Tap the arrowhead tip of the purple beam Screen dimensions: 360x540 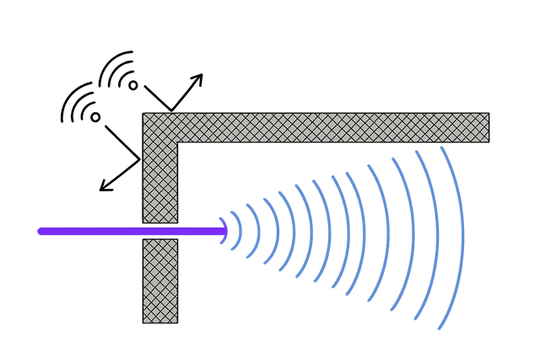227,230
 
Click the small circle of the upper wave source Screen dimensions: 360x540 132,84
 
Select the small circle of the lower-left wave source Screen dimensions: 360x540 95,116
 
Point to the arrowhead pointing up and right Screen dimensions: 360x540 198,78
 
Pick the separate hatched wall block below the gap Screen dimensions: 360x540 160,280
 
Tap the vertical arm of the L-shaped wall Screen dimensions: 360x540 160,177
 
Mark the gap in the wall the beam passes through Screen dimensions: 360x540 160,230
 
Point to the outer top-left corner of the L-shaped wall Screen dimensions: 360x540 143,112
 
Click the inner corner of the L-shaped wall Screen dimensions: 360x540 178,142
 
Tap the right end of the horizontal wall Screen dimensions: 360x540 489,126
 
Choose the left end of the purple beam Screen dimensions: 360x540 40,230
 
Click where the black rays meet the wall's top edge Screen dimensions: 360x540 170,111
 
